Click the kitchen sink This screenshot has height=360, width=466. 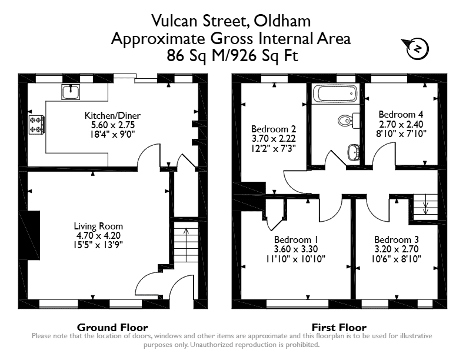71,92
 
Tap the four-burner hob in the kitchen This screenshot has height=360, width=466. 37,125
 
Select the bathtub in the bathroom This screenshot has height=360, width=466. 335,94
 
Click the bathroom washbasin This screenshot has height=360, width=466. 354,152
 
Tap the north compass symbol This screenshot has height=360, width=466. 415,48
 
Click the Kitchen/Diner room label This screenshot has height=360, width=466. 112,115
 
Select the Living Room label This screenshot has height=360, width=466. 98,226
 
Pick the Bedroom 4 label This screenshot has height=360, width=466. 401,114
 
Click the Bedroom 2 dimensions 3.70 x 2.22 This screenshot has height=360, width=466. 274,138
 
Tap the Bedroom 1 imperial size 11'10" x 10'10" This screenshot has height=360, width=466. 296,259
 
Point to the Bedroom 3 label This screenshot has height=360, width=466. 397,239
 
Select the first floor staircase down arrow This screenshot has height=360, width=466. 425,204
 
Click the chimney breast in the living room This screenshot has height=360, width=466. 30,235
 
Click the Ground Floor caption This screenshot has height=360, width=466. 112,328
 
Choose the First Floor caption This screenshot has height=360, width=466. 339,328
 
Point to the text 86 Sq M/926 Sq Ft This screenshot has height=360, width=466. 232,55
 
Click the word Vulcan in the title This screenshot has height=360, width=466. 174,21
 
